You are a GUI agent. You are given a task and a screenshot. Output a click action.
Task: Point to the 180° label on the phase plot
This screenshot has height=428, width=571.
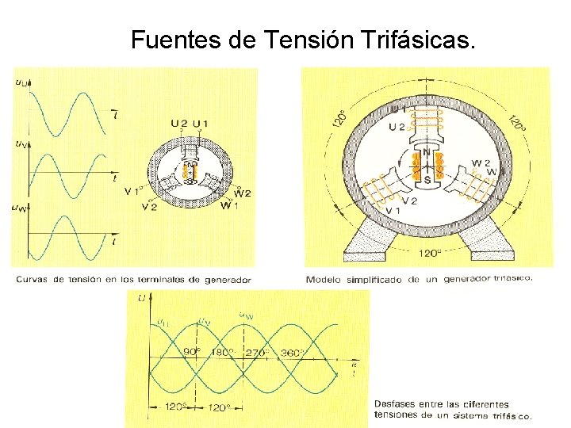[x=224, y=351]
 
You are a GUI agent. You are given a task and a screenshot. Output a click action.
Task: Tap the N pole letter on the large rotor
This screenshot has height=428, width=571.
[x=427, y=151]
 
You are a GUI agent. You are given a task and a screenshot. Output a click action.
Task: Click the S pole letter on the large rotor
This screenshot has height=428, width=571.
[x=427, y=180]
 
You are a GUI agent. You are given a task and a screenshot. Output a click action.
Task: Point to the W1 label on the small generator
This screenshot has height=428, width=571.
[x=228, y=206]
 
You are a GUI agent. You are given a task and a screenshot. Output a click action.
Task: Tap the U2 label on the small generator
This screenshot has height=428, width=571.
[x=179, y=124]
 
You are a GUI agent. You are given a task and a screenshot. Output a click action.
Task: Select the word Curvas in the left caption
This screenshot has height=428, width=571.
[x=33, y=279]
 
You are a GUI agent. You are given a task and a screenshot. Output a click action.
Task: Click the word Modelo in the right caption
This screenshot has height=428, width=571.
[x=324, y=279]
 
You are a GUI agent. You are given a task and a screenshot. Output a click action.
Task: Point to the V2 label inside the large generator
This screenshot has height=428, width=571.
[x=409, y=201]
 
